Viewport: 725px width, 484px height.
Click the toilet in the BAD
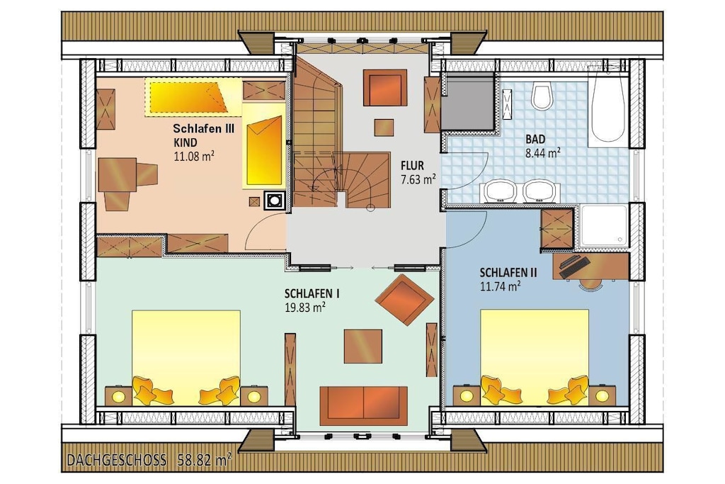542,96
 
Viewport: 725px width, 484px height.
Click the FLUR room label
412,165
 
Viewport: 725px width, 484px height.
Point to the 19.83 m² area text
305,308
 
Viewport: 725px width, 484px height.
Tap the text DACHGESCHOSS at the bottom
117,460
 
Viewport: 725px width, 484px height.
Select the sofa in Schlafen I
363,406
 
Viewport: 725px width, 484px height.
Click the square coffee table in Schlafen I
363,346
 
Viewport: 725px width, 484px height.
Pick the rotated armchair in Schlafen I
404,300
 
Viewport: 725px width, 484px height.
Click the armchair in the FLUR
384,88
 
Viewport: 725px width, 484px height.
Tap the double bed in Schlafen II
535,357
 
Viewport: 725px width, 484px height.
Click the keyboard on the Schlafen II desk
575,266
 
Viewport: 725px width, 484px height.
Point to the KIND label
185,142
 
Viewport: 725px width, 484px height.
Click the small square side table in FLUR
384,128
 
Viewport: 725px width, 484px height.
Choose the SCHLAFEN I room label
312,294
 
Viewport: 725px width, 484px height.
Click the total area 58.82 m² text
205,460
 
